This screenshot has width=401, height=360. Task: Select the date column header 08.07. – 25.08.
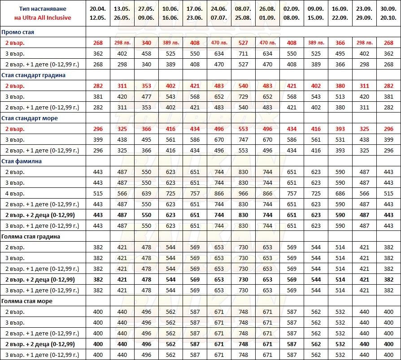tap(243, 13)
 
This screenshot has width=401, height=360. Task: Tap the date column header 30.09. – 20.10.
tap(388, 13)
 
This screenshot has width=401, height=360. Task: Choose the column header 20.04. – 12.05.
tap(98, 13)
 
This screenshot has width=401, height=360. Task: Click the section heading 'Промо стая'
tap(18, 32)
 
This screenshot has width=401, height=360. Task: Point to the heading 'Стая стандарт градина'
tap(34, 75)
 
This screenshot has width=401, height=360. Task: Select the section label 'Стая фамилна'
tap(22, 161)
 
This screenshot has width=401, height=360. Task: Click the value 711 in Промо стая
tap(243, 54)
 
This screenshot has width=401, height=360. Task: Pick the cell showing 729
tap(243, 97)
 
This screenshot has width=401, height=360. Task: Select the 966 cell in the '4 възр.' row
tap(243, 194)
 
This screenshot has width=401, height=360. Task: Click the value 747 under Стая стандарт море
tap(243, 140)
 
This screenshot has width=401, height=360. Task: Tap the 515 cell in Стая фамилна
tap(98, 194)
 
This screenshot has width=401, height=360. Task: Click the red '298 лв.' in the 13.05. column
tap(122, 43)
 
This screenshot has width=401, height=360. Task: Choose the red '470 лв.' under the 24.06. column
tap(219, 43)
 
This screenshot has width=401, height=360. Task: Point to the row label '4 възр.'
tap(15, 194)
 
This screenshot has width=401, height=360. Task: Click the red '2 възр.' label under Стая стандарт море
tap(15, 129)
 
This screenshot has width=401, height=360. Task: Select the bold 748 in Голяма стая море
tap(243, 344)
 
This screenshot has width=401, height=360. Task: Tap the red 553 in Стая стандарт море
tap(243, 129)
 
